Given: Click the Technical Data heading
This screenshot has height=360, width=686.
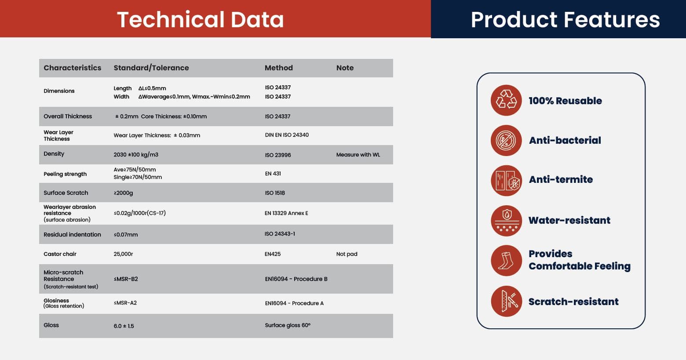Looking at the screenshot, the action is coord(201,20).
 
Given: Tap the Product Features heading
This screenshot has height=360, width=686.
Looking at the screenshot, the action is coord(566,20).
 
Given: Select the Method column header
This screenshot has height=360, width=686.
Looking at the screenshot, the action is coord(279,68).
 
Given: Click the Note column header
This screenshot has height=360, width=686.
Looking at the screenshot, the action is coord(345,68).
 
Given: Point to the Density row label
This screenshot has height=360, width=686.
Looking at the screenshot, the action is coord(54,154).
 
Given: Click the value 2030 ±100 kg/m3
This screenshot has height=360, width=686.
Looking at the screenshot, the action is coord(136,155).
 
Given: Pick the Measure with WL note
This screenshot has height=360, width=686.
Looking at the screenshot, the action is coord(358,155).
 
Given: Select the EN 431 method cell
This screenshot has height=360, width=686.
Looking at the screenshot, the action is coord(273,174).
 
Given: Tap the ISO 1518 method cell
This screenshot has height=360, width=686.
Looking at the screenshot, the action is coord(275,193).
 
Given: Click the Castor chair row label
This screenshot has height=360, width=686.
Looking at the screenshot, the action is coord(60,254).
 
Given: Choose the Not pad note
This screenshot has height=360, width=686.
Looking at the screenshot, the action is coord(347,254).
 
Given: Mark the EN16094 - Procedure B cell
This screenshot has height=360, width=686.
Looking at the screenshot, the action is coord(296,279).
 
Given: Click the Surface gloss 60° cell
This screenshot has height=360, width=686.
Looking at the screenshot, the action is coord(288,325).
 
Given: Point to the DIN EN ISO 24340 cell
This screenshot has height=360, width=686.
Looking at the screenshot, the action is coord(287,135).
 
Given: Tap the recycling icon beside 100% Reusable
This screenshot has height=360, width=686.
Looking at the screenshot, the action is coord(506,100).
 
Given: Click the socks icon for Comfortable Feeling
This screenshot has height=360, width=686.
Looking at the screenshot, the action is coord(506,261).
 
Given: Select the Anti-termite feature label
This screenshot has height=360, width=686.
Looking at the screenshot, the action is coord(561,179).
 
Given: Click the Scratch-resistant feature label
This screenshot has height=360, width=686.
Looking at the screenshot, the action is coord(573,302).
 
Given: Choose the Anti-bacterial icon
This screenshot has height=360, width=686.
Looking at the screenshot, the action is coord(506,140).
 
